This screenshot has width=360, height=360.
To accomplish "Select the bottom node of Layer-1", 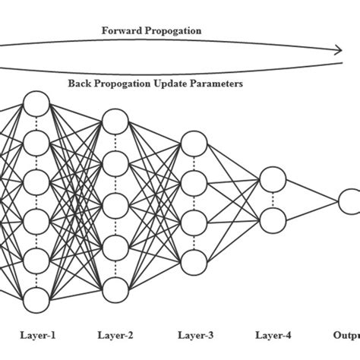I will [x=37, y=297].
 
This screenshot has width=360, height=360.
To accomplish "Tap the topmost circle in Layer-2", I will [x=115, y=121].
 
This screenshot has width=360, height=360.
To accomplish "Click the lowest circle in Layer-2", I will [x=115, y=289].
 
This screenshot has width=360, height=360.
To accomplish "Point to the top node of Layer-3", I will [x=194, y=143].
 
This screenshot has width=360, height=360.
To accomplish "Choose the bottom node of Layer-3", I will [x=194, y=262].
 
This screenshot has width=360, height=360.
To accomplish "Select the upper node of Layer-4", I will [x=273, y=179].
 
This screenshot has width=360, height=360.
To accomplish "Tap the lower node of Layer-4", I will [x=273, y=219].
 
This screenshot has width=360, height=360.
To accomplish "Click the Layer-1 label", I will [x=37, y=334].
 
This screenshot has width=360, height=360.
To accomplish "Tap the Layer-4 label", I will [x=273, y=334].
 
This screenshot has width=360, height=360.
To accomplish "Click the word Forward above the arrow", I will [x=122, y=31].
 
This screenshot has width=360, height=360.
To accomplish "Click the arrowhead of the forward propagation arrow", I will [x=336, y=51].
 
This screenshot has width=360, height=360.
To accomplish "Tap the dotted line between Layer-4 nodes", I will [x=273, y=199].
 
